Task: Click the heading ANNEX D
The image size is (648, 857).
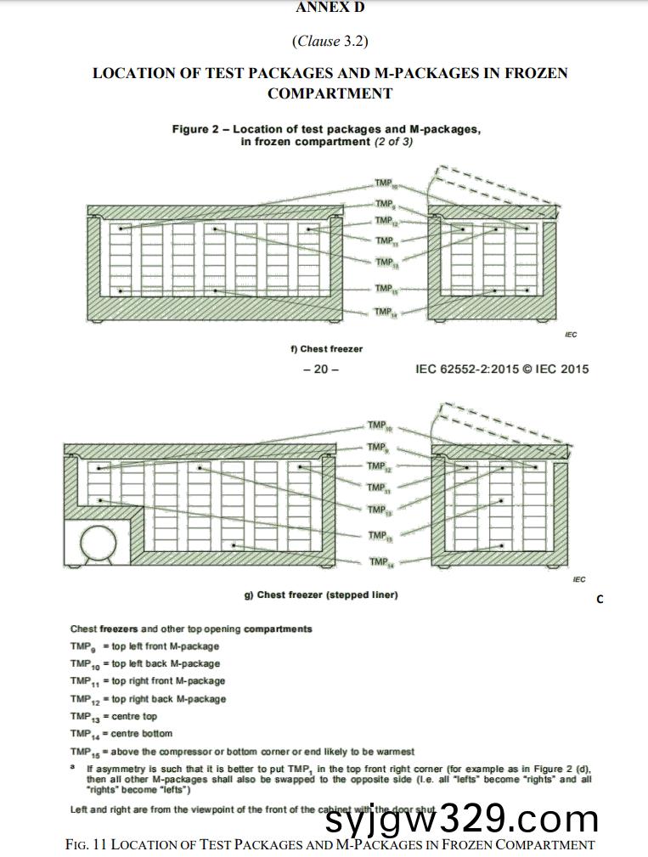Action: click(x=330, y=8)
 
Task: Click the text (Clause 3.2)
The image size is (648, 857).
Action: click(x=330, y=41)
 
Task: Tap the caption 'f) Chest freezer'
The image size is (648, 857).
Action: click(x=326, y=349)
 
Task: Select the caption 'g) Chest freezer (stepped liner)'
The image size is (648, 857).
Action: click(x=321, y=595)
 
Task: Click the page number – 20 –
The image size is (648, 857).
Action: click(x=320, y=369)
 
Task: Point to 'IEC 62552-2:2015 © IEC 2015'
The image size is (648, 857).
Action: click(x=502, y=369)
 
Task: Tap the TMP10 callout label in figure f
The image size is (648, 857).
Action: click(x=385, y=183)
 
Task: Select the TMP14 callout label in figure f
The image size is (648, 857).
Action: click(x=385, y=312)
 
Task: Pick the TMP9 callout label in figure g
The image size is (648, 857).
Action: click(x=377, y=447)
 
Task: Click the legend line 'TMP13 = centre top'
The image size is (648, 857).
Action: click(x=114, y=716)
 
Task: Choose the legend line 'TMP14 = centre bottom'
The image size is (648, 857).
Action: click(x=121, y=733)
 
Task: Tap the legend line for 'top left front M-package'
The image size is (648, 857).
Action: click(x=144, y=646)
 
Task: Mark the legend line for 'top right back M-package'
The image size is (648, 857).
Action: click(x=149, y=699)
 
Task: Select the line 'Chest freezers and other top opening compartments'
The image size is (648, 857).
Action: click(x=191, y=629)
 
